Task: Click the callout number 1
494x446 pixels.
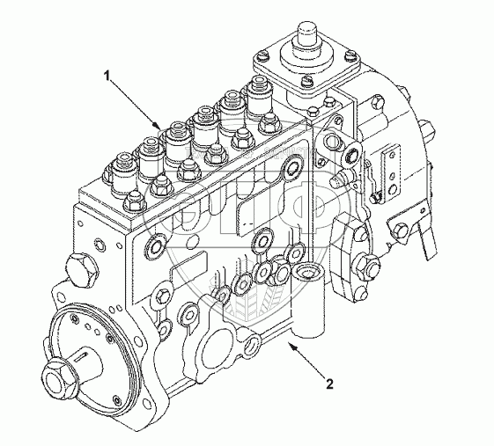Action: tap(107, 76)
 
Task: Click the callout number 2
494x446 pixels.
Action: tap(329, 384)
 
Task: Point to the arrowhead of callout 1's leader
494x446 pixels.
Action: tap(158, 126)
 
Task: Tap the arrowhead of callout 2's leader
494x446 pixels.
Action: tap(291, 347)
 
